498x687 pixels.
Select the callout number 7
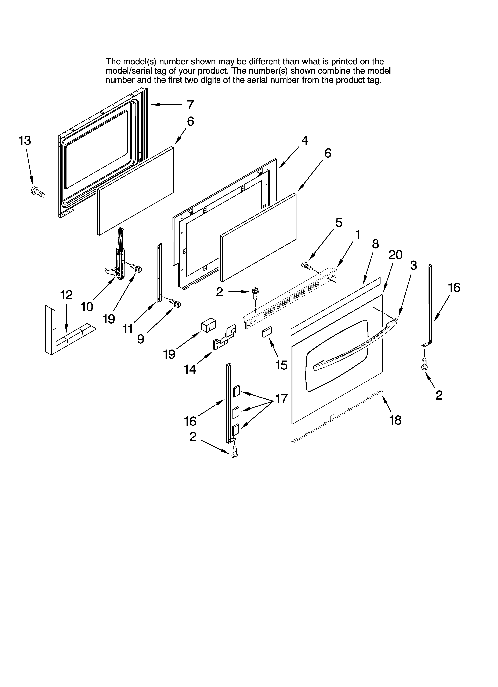pos(190,105)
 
